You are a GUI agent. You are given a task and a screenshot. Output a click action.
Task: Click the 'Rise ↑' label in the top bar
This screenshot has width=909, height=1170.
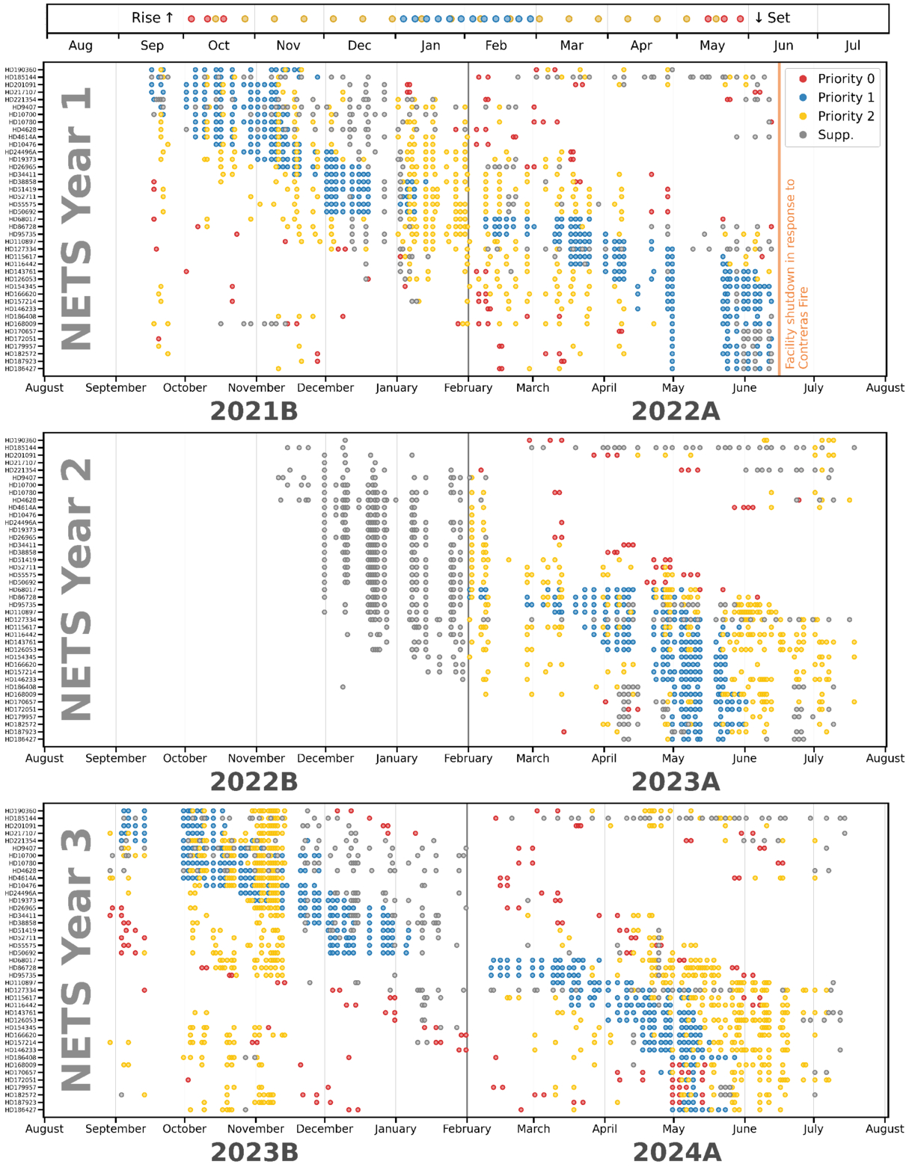(153, 18)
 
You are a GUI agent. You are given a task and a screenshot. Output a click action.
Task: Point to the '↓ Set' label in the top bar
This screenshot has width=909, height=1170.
(772, 18)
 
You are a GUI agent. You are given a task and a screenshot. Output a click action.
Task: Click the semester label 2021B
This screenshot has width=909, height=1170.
(254, 411)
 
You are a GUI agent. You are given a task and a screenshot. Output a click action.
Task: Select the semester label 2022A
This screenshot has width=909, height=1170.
(676, 411)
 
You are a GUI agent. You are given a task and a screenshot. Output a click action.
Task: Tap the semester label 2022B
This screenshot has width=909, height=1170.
(254, 781)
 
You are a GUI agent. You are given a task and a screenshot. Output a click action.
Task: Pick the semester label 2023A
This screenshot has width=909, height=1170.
(676, 781)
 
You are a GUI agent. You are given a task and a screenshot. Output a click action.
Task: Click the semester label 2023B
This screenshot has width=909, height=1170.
(254, 1152)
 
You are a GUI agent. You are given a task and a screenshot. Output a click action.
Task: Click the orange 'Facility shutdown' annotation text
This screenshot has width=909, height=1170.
(797, 274)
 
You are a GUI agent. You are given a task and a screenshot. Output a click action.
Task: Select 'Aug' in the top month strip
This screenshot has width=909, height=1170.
(81, 46)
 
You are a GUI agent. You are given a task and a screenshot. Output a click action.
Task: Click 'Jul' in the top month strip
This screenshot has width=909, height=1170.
(853, 46)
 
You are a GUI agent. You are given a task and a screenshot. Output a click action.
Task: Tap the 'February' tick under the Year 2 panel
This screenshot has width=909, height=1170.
(468, 758)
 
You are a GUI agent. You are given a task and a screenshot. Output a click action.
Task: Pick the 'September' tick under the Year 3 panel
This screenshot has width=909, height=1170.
(116, 1129)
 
